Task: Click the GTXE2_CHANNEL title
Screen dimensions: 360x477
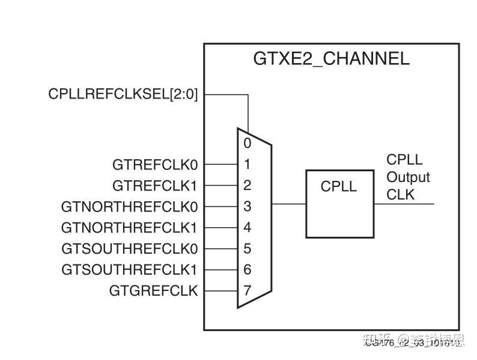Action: pos(331,59)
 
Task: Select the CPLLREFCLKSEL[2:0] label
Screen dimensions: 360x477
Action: pos(123,94)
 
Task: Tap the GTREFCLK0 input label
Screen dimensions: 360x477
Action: pos(155,164)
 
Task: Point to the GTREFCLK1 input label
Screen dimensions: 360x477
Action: pos(155,185)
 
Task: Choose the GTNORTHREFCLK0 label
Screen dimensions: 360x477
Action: pos(129,207)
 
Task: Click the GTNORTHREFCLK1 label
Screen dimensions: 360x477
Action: pos(129,228)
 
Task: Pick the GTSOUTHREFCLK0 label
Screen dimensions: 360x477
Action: pos(129,249)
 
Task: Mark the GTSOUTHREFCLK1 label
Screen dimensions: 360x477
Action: pos(129,270)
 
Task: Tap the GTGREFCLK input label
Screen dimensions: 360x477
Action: pos(153,291)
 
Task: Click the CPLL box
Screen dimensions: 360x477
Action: pos(339,204)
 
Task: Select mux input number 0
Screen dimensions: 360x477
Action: pos(248,143)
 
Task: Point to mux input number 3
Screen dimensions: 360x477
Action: pos(248,207)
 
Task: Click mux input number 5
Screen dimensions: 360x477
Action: pos(248,249)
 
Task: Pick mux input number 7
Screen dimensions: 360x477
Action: pos(248,291)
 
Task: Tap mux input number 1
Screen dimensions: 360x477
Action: pos(248,164)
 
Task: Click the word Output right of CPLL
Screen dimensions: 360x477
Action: pos(408,178)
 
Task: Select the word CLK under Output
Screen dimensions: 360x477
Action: pos(400,195)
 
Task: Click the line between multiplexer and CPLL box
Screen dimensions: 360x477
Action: pos(289,204)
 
